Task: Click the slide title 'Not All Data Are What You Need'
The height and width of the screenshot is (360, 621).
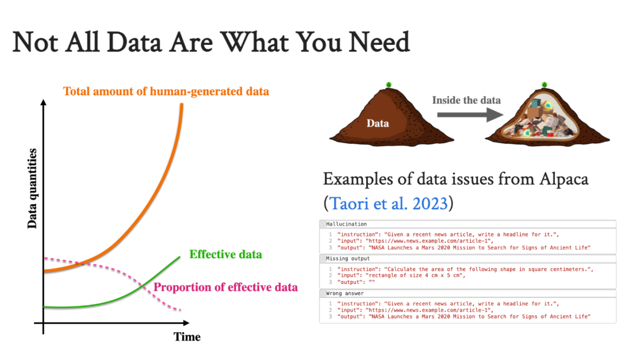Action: (x=211, y=42)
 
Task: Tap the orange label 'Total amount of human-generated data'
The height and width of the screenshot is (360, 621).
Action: (x=166, y=91)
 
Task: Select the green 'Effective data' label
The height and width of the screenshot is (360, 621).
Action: (x=226, y=254)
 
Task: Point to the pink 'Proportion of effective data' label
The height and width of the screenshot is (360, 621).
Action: (x=226, y=287)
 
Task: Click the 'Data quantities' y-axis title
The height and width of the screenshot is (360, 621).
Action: (x=32, y=189)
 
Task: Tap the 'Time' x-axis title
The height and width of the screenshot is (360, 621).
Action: (x=187, y=336)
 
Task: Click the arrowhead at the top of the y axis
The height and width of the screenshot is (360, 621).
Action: (x=44, y=102)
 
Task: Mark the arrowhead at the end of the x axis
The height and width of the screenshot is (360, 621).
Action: (x=186, y=323)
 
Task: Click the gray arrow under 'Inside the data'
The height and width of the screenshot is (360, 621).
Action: (x=470, y=115)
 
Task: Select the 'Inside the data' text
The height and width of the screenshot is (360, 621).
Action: (x=466, y=100)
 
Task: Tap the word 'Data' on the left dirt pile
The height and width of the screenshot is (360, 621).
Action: (x=377, y=124)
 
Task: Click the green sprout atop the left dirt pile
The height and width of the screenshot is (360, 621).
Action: (x=389, y=85)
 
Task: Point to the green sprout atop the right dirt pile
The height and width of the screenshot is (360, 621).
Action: (x=545, y=85)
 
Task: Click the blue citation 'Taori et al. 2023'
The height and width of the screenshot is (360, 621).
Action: (x=389, y=204)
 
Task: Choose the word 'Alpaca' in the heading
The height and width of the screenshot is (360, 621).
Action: (x=564, y=179)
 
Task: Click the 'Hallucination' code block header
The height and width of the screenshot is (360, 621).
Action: (x=347, y=224)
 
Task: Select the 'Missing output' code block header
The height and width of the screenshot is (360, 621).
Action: (x=348, y=259)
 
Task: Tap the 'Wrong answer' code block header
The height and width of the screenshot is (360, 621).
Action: (x=345, y=293)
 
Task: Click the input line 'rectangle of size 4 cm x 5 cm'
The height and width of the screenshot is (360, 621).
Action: (x=416, y=275)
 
